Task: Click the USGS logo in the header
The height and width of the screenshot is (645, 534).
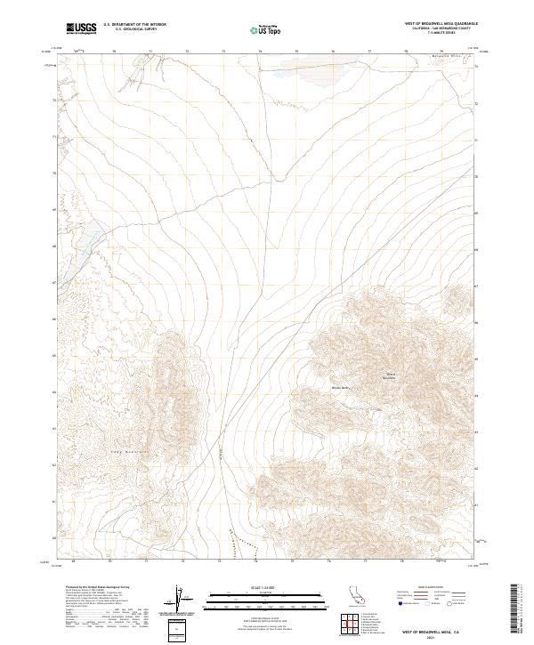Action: point(81,28)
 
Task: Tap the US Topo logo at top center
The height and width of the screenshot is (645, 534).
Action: point(267,29)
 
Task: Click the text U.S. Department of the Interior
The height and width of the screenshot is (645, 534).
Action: point(134,25)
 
